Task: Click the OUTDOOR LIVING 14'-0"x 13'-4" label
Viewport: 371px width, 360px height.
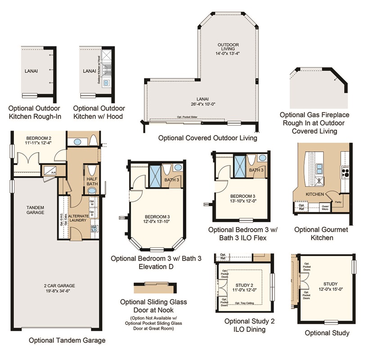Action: click(228, 49)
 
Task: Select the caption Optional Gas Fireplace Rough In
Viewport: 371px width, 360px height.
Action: click(314, 123)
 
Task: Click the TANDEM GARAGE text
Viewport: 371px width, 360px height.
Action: click(35, 210)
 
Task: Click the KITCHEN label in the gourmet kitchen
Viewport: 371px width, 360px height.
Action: click(315, 194)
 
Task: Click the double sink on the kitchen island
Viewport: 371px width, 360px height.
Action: click(321, 169)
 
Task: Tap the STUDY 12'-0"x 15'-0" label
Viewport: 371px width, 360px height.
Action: click(330, 287)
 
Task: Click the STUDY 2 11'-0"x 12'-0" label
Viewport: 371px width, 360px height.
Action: click(246, 288)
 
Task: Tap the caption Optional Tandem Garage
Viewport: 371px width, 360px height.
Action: click(67, 341)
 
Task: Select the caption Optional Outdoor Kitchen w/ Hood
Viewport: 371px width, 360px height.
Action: click(99, 112)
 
